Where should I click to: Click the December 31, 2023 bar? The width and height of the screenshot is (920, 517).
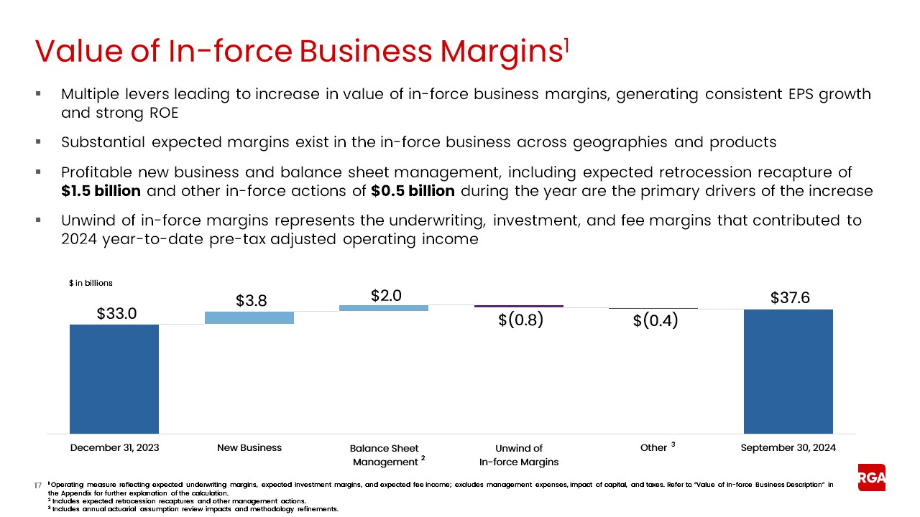(x=114, y=378)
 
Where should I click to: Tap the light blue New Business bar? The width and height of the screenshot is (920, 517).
(x=249, y=317)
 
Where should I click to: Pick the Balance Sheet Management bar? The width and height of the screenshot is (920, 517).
(x=384, y=308)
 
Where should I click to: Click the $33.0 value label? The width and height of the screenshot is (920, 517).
(x=116, y=314)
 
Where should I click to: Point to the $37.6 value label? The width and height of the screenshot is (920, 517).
(x=790, y=297)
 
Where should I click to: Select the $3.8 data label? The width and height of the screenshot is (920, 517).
(x=252, y=301)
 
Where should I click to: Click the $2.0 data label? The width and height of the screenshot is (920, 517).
(x=386, y=295)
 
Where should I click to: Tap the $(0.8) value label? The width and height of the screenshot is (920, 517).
(x=520, y=320)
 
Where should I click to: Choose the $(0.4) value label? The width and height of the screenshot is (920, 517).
(x=655, y=321)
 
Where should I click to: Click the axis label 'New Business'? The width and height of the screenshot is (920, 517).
(x=249, y=447)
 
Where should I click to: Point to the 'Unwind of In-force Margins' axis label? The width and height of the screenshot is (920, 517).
(x=519, y=455)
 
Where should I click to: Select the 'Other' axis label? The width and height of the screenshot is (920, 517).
(x=653, y=447)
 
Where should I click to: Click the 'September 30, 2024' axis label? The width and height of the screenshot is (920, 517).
(x=788, y=447)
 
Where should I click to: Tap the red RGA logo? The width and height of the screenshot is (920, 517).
(x=871, y=477)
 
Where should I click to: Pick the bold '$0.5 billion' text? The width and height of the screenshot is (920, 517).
(x=413, y=192)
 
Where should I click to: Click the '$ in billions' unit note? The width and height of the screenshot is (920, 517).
(x=91, y=284)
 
